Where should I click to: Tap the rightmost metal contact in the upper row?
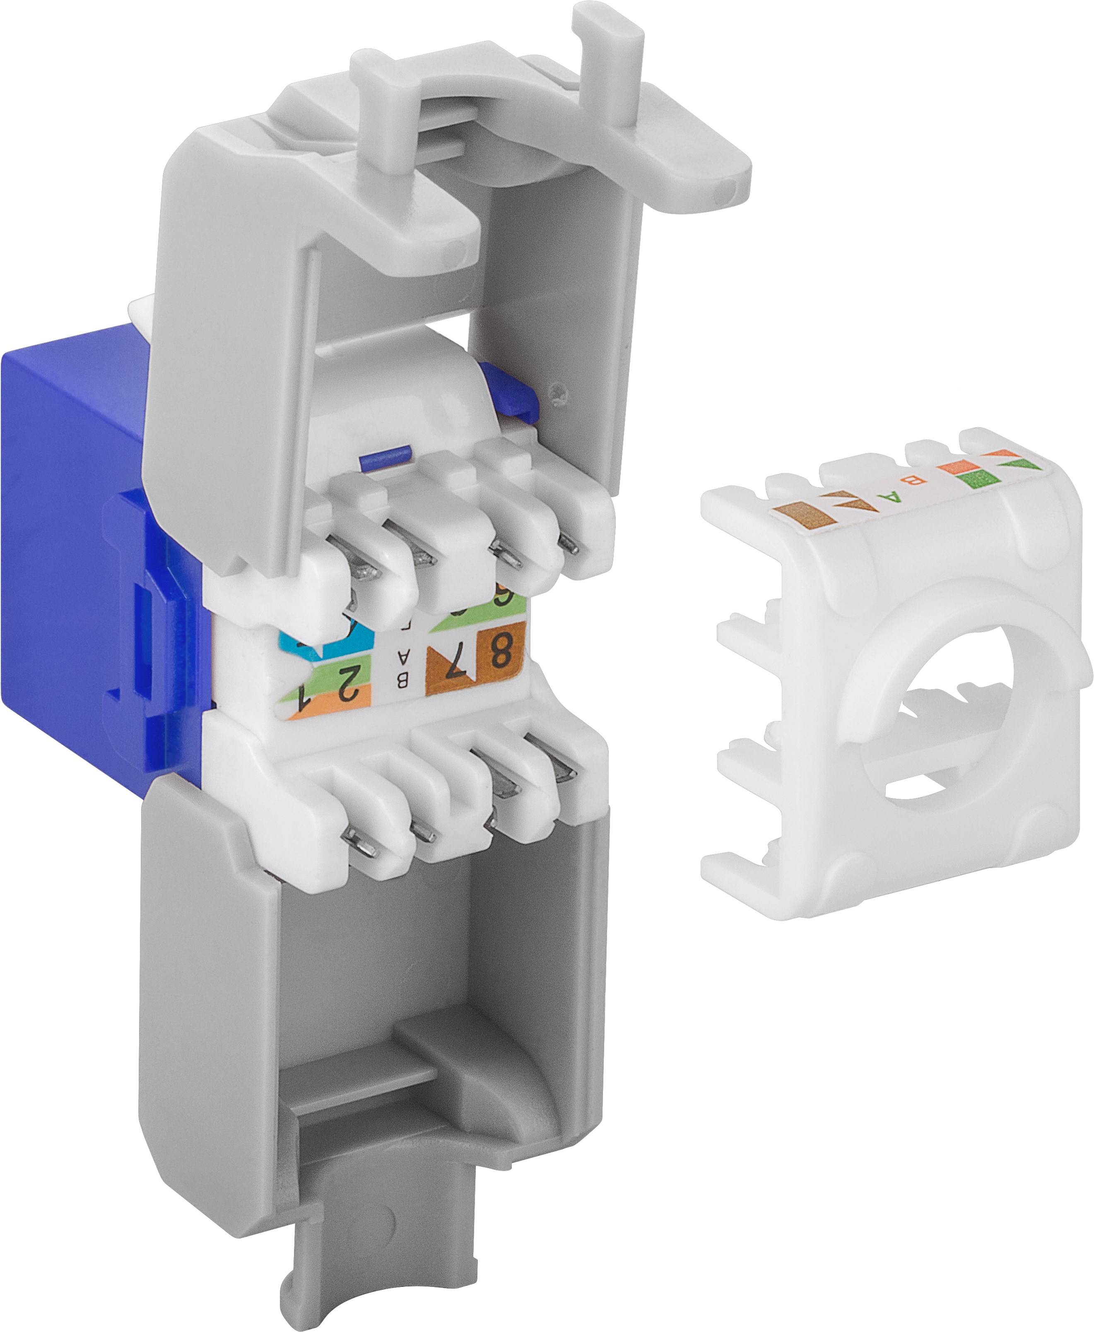coord(570,543)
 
